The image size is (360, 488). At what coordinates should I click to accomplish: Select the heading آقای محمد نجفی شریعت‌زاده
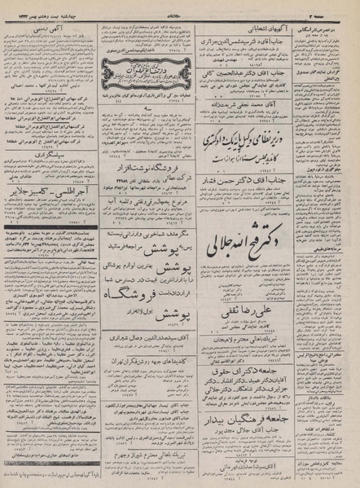click(249, 107)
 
